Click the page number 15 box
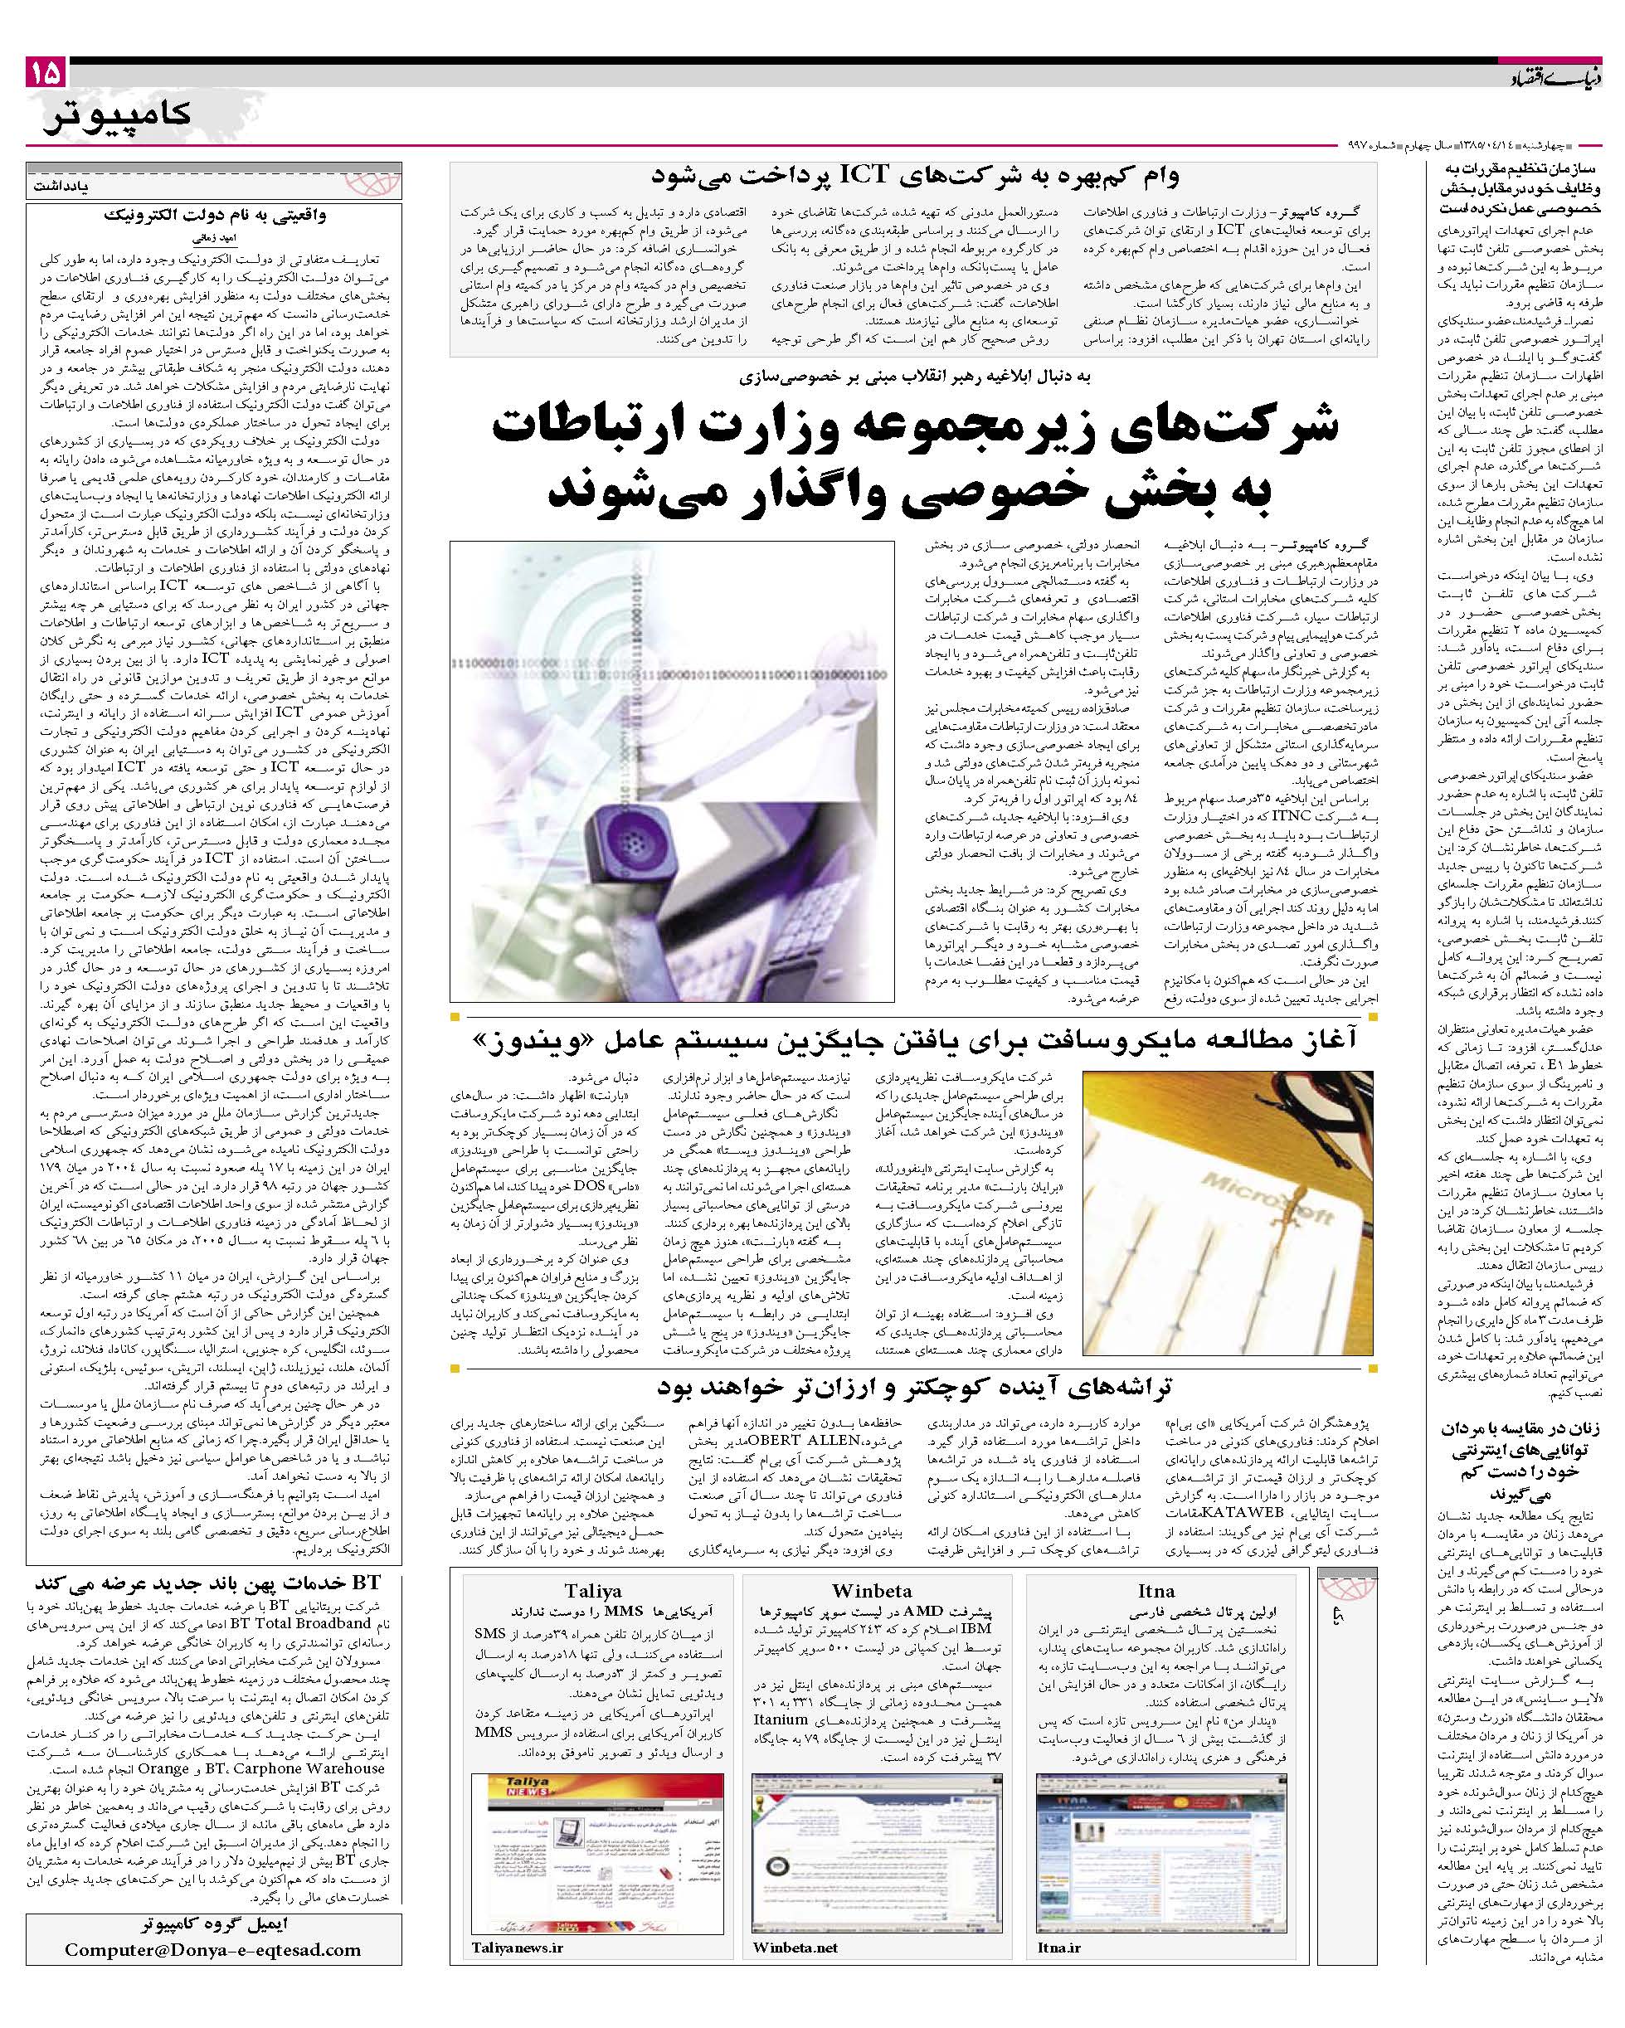point(45,71)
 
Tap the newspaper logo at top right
point(1562,79)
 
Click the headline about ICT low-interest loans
point(913,176)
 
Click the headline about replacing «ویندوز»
point(913,1040)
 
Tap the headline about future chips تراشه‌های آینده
point(913,1387)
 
